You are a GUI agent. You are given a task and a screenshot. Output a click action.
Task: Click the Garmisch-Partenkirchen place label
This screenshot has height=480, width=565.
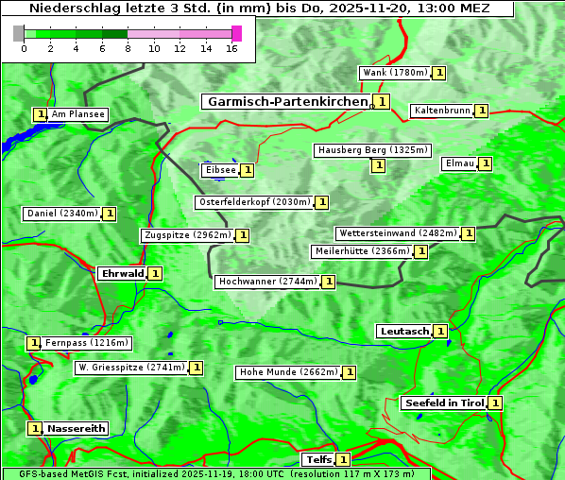click(286, 101)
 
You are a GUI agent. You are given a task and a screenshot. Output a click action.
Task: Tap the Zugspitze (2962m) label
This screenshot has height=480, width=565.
click(187, 235)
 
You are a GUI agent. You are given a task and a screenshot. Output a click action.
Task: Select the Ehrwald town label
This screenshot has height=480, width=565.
click(122, 274)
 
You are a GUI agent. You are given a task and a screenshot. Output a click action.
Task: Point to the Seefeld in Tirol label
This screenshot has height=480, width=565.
click(444, 403)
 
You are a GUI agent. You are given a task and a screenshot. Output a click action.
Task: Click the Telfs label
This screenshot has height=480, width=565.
click(317, 460)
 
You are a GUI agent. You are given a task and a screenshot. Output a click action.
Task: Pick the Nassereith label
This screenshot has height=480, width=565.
click(76, 428)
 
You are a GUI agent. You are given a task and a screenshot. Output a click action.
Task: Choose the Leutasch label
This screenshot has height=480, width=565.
click(404, 332)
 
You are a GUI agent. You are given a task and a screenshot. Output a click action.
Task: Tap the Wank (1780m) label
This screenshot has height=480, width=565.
click(395, 73)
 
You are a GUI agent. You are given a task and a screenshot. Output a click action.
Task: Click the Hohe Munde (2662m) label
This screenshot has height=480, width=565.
click(288, 372)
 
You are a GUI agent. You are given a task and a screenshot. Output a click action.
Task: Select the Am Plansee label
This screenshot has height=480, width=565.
click(77, 114)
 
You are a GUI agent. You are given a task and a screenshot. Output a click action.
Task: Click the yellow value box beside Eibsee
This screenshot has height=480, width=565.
click(247, 170)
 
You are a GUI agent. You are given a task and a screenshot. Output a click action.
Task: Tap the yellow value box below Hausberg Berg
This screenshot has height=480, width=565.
click(378, 165)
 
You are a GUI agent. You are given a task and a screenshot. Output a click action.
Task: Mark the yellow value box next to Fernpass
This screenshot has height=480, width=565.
click(33, 343)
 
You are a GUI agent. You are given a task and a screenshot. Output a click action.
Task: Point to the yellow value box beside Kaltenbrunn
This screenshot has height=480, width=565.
click(481, 111)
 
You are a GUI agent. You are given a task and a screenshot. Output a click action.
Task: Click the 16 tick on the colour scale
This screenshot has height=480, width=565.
click(231, 48)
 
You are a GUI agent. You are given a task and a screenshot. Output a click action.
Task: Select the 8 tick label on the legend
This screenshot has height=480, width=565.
click(128, 48)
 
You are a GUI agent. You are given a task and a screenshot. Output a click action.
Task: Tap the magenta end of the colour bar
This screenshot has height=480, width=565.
click(236, 34)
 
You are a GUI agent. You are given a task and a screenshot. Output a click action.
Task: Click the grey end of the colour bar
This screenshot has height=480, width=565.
click(19, 34)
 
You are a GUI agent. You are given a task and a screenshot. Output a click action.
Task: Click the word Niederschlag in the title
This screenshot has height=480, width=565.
click(68, 8)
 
